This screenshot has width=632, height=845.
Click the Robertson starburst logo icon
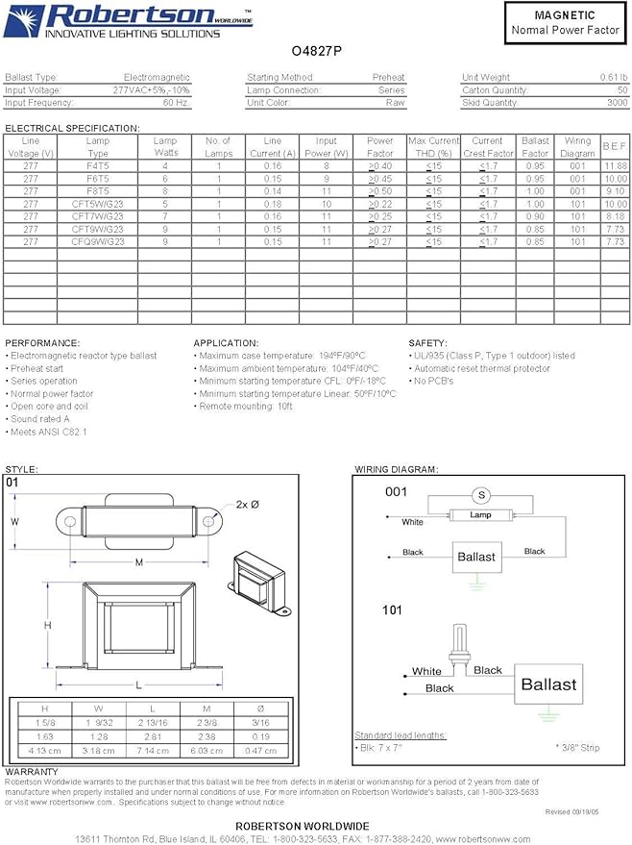[x=24, y=21]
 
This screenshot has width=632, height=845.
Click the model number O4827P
[x=317, y=52]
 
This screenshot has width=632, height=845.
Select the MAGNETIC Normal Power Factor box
[x=565, y=23]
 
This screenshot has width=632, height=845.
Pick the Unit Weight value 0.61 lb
[x=613, y=77]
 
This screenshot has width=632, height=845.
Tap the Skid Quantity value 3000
[x=617, y=103]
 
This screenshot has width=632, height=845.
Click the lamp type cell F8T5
[x=97, y=191]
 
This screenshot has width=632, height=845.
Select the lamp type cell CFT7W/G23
[x=97, y=216]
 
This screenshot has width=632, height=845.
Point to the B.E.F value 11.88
[x=615, y=166]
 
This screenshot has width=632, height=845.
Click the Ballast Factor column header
[x=535, y=147]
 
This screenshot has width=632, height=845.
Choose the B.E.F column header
[x=615, y=146]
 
